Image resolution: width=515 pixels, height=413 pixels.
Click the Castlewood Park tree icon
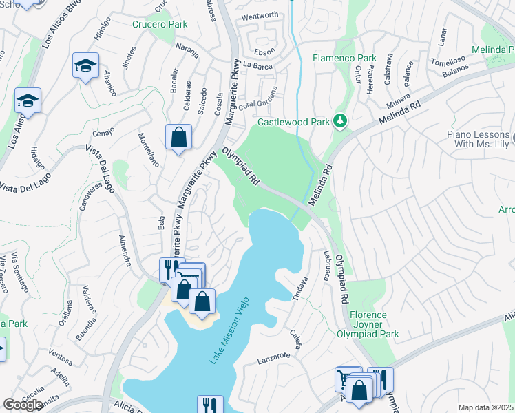coord(339,122)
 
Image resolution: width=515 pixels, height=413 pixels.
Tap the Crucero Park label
coord(160,23)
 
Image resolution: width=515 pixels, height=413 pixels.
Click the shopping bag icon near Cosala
coord(178,137)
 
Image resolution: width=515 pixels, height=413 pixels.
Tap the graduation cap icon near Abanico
coord(85,66)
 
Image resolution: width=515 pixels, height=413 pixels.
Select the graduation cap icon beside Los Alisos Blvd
coord(28,100)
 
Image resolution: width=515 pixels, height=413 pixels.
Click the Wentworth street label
coord(260,15)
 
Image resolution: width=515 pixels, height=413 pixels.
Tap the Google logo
coord(23,405)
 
